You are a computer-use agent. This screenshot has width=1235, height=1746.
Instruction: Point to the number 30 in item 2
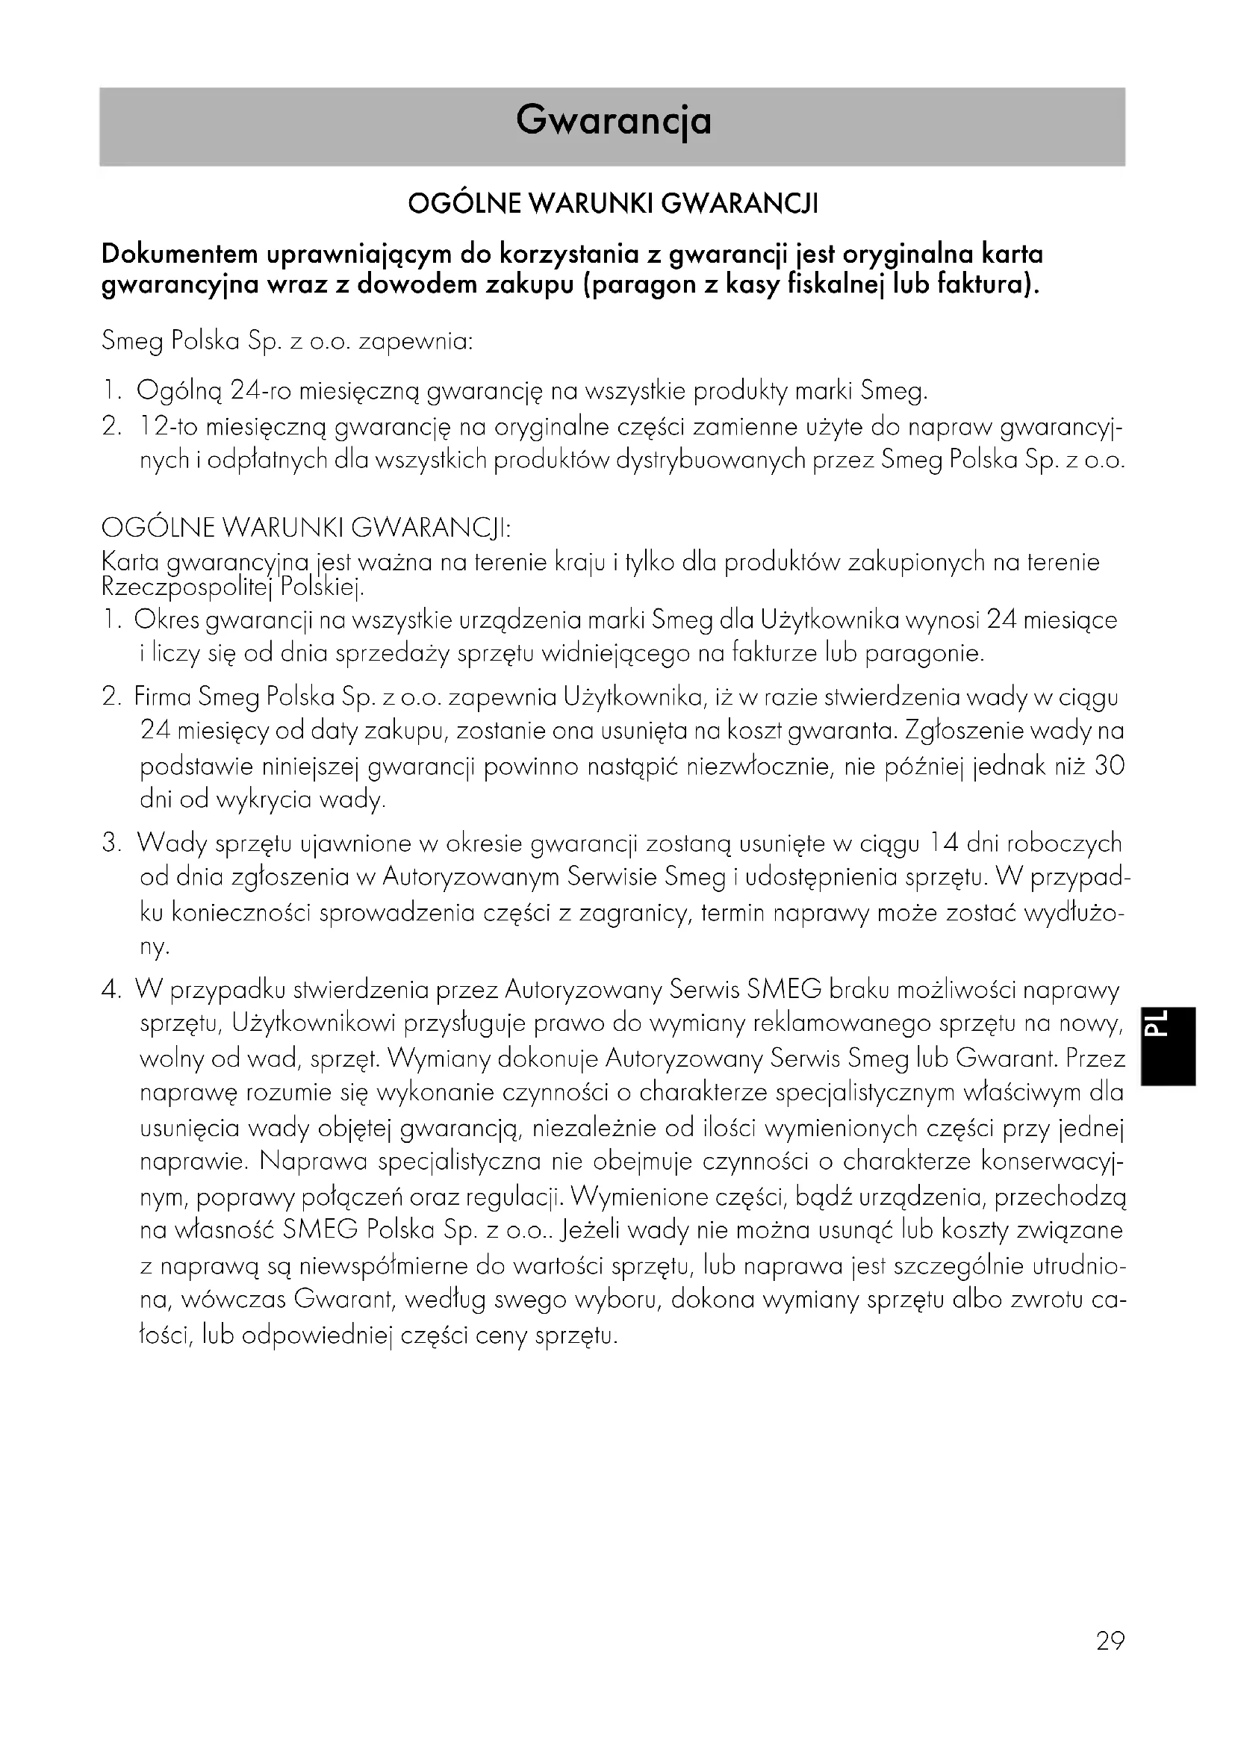click(1109, 766)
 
